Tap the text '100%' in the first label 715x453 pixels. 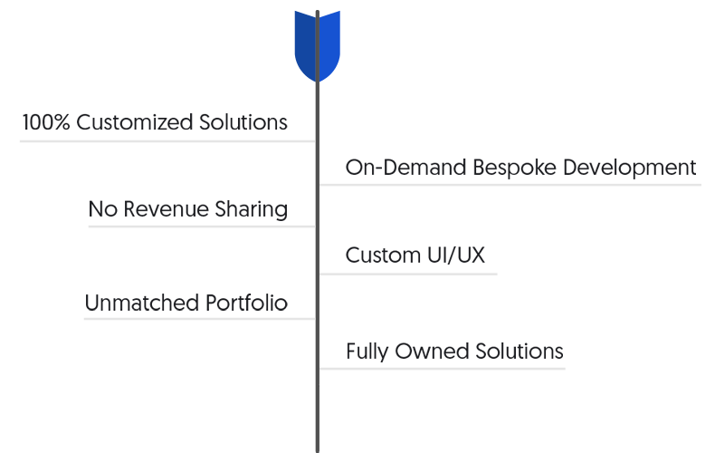[46, 122]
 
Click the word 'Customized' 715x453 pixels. [135, 122]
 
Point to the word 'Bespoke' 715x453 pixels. [514, 168]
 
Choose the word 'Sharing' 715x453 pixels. [252, 210]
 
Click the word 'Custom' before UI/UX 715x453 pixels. [384, 255]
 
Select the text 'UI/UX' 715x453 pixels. [456, 255]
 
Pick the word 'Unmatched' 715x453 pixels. [142, 303]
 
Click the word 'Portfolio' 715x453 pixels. [247, 303]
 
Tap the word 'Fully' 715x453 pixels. [367, 352]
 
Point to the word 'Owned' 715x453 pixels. [432, 352]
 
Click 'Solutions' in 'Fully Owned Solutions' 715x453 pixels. [520, 352]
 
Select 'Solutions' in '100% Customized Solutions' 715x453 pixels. [243, 122]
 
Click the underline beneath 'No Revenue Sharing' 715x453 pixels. [202, 226]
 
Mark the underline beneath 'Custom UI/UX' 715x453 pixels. [408, 274]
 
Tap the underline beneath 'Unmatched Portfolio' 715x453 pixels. [199, 319]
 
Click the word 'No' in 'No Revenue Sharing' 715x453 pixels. [102, 209]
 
